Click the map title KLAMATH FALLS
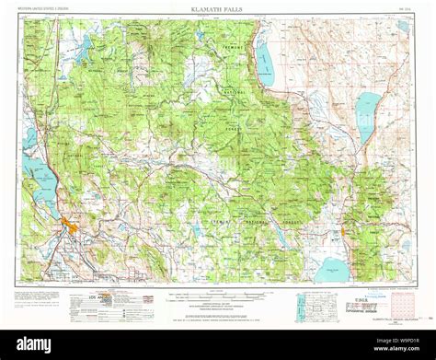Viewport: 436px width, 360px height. coord(218,8)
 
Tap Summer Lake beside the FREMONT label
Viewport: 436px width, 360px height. coord(265,64)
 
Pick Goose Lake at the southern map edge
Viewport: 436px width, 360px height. coord(331,271)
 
